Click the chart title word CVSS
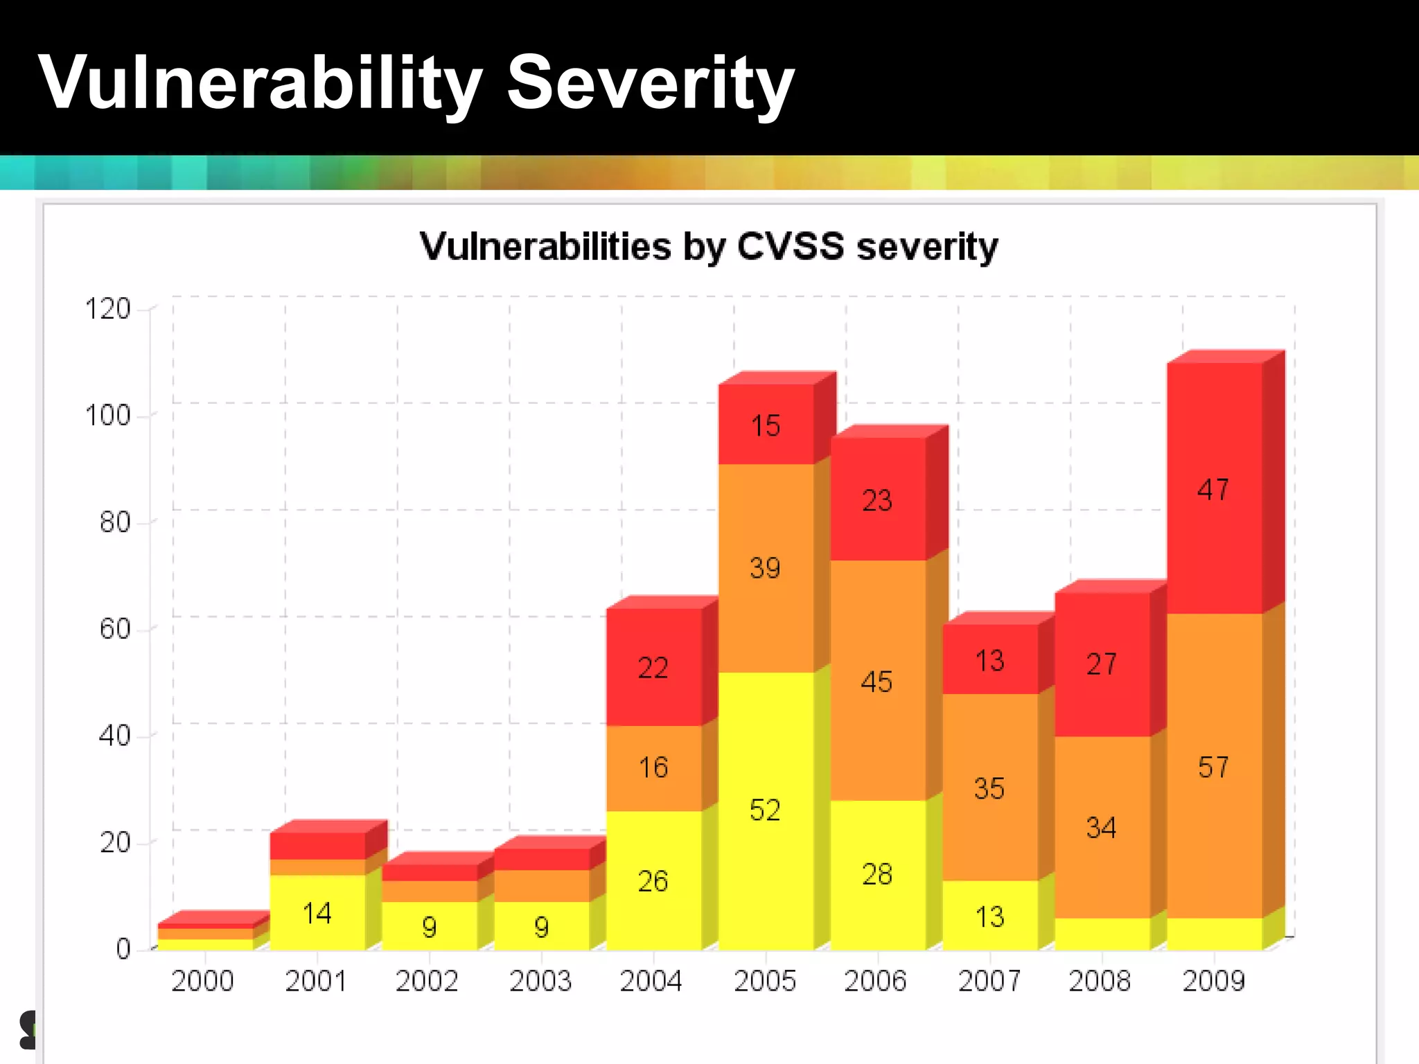click(x=791, y=247)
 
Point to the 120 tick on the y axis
click(x=107, y=309)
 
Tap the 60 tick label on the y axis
click(x=114, y=629)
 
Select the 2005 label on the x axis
click(x=765, y=981)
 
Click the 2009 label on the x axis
click(x=1213, y=981)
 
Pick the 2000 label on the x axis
click(x=202, y=981)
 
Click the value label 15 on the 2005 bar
click(x=766, y=426)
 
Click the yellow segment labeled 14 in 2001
click(x=317, y=914)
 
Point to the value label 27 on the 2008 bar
click(x=1101, y=664)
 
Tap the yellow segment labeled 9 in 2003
click(x=542, y=927)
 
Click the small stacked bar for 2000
click(x=206, y=934)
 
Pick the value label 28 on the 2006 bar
click(x=877, y=875)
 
